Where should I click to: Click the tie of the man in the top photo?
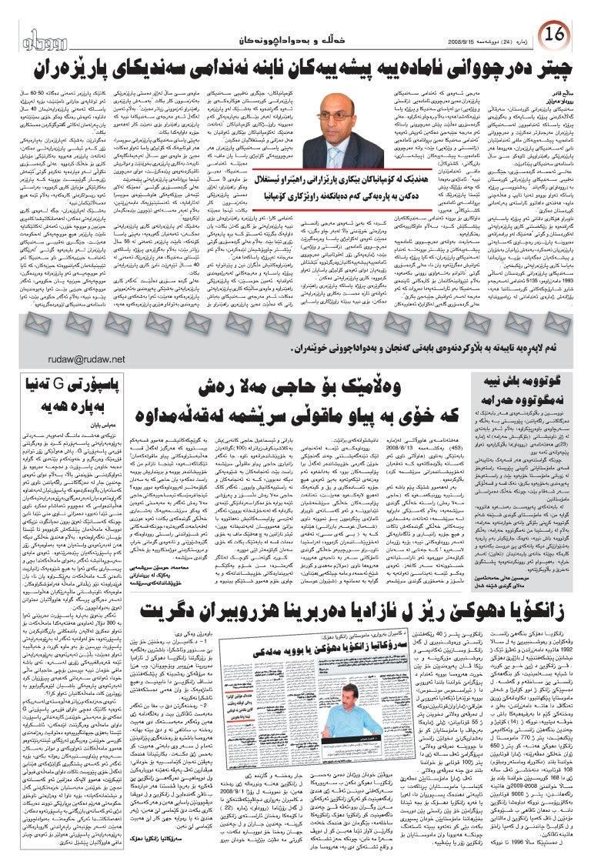coord(352,164)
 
